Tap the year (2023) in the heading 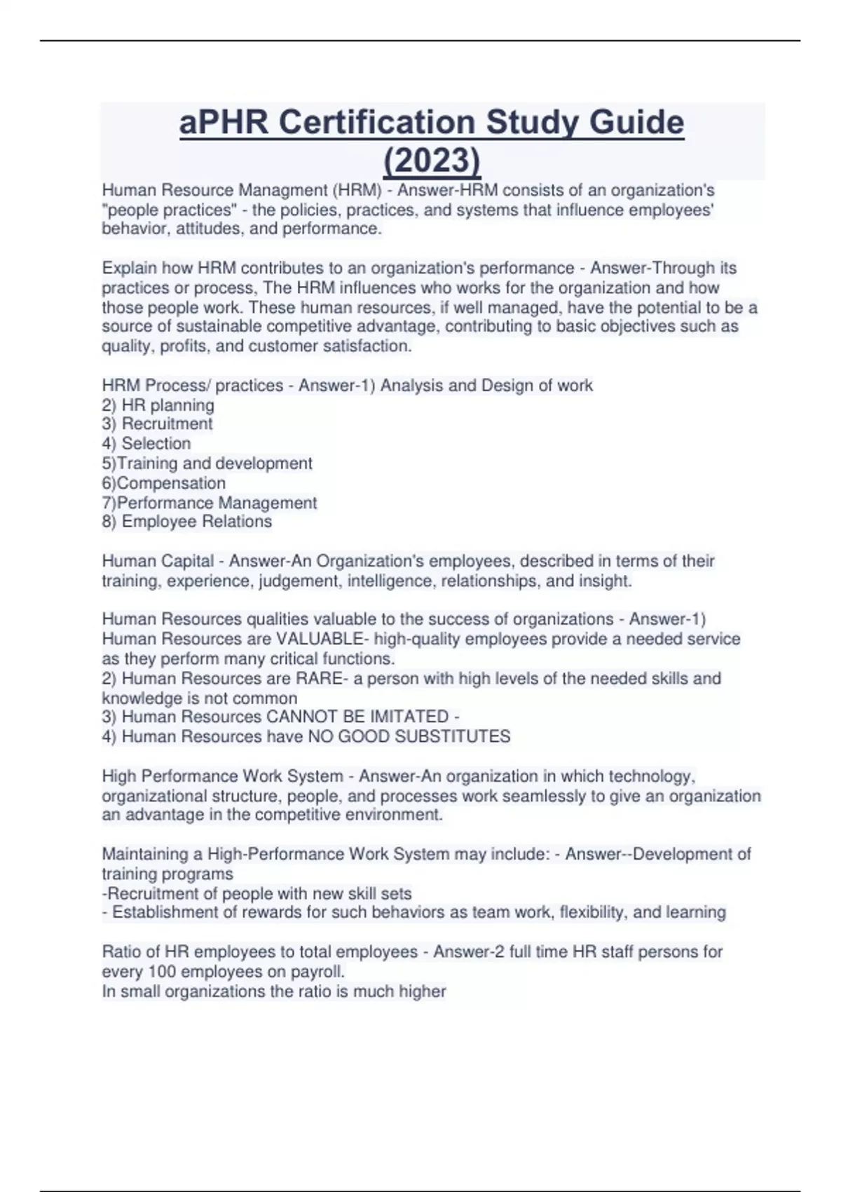pos(432,161)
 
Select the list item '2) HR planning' pos(158,405)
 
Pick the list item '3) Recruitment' pos(157,424)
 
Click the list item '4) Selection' pos(146,444)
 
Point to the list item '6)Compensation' pos(163,483)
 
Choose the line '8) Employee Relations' pos(186,522)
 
